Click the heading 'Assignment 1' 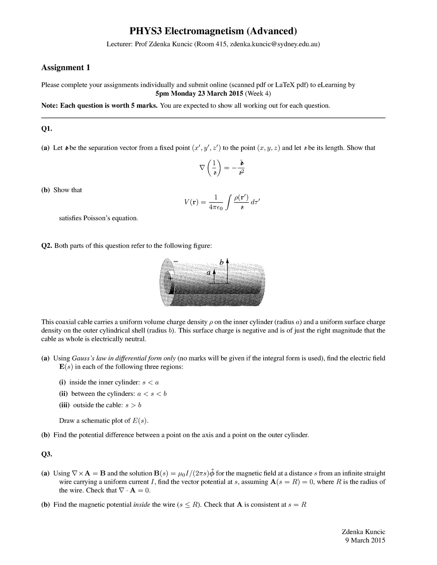tap(66, 67)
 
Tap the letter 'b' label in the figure tap(221, 262)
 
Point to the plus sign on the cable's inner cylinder tap(170, 279)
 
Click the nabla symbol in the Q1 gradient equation tap(202, 168)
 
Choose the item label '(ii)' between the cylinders tap(64, 394)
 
